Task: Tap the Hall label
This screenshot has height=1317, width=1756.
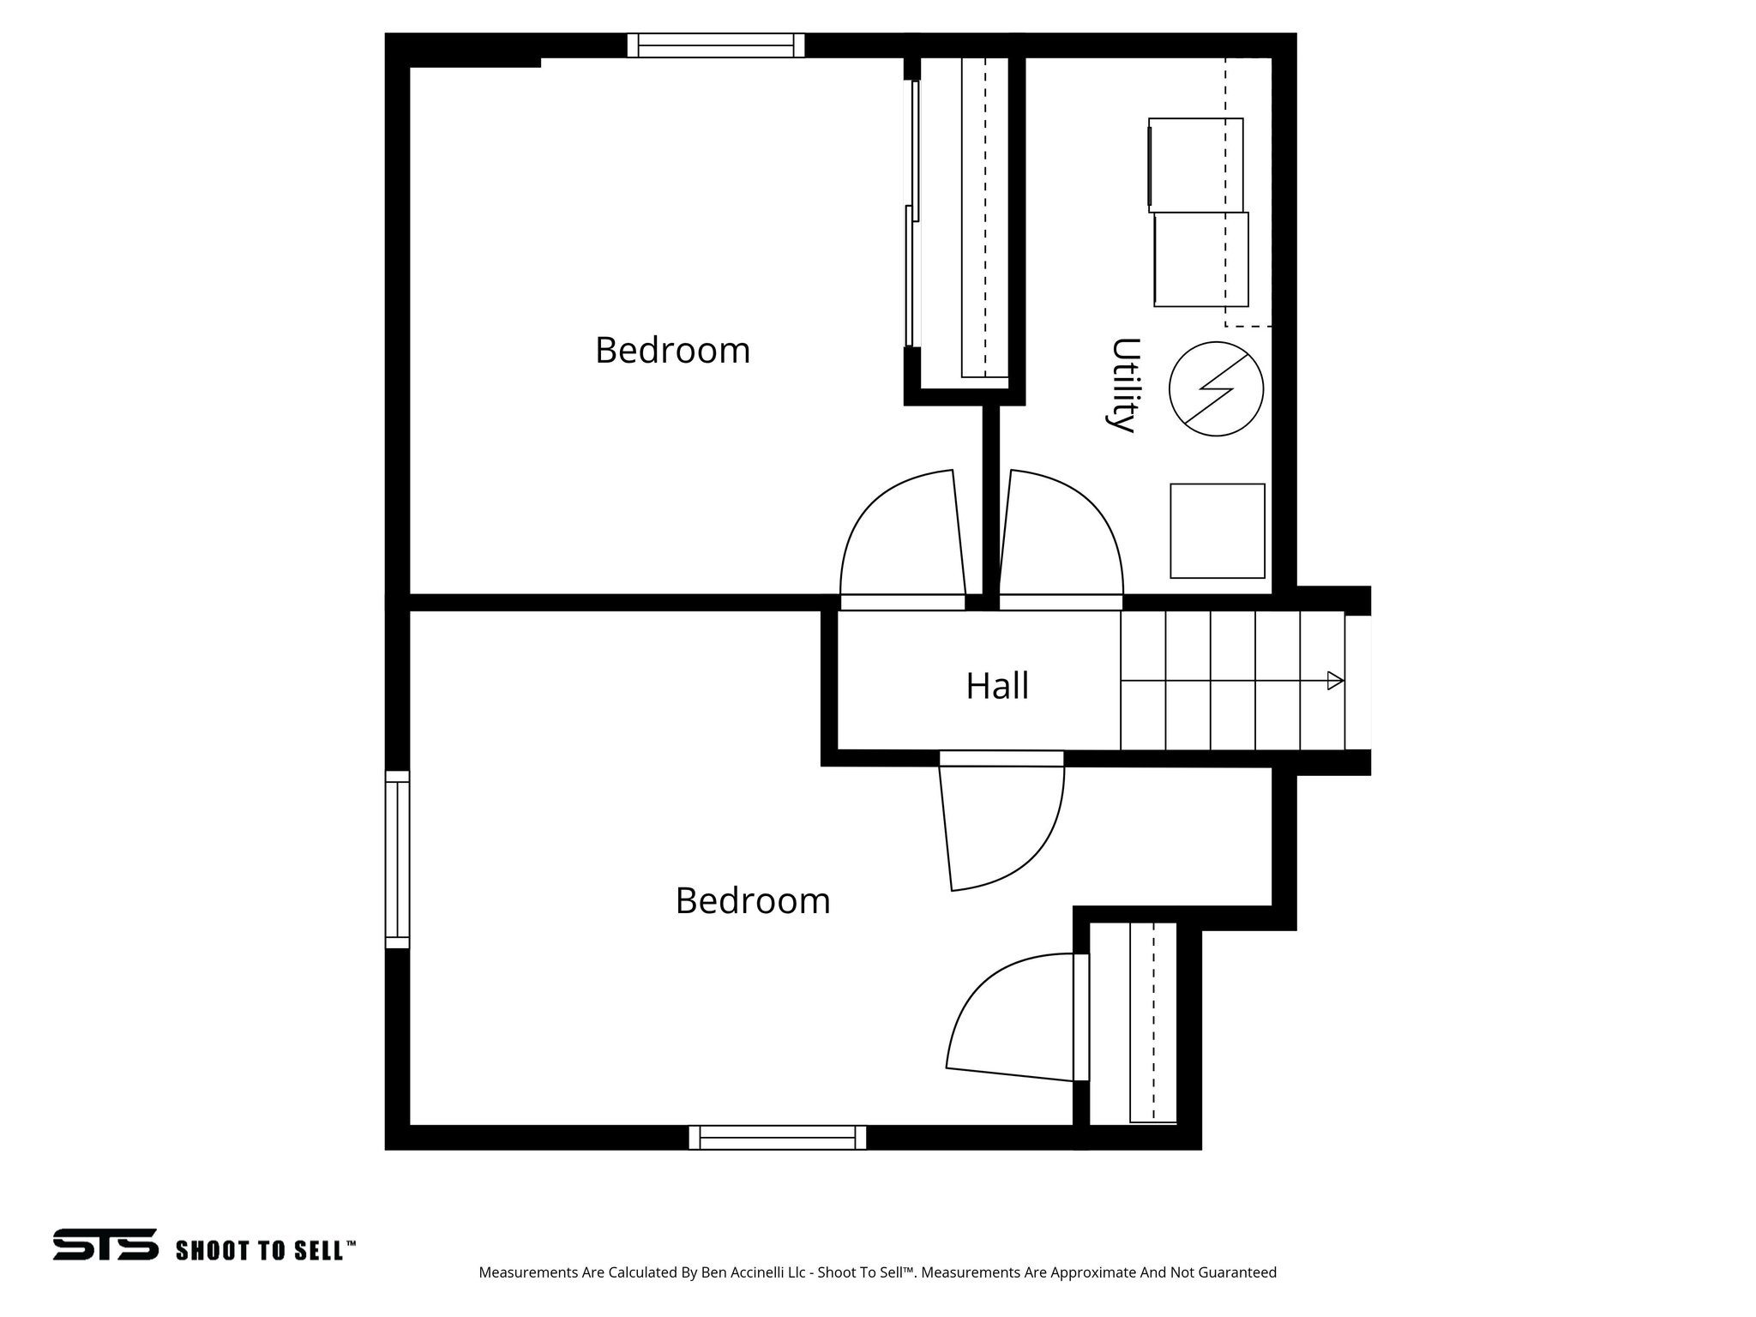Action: (x=996, y=686)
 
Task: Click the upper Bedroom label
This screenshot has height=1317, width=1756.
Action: (x=672, y=351)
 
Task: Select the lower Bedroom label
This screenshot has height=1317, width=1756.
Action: (x=752, y=901)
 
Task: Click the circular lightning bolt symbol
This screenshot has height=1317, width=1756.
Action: (x=1216, y=388)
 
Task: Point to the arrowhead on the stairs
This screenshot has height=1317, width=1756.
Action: (x=1334, y=681)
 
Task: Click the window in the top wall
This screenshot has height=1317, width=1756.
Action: (x=715, y=45)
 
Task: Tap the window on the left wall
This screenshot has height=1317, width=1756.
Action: (x=397, y=859)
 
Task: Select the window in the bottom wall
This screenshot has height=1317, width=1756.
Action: (x=777, y=1138)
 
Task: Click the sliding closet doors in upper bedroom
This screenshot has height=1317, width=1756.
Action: (x=913, y=214)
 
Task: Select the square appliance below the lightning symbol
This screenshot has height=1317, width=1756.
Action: (x=1217, y=531)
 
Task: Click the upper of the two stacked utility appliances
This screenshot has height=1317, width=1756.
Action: (x=1195, y=165)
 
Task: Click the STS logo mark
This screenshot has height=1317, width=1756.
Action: (x=105, y=1244)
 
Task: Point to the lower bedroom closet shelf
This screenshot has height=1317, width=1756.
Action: (x=1152, y=1022)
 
